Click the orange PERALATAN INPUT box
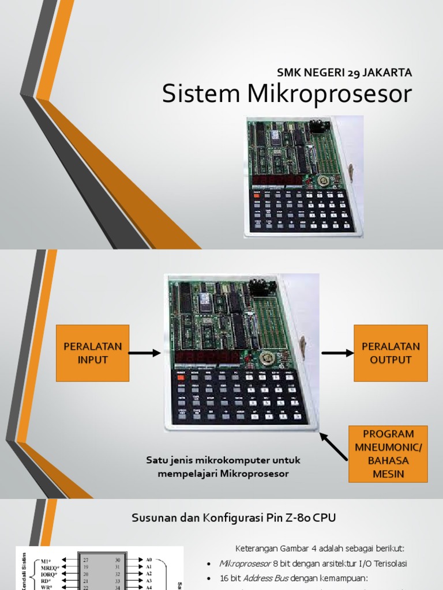tap(92, 353)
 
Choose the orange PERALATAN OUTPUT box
tap(391, 353)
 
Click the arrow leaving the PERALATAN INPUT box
tap(145, 353)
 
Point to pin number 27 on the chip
tap(85, 559)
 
